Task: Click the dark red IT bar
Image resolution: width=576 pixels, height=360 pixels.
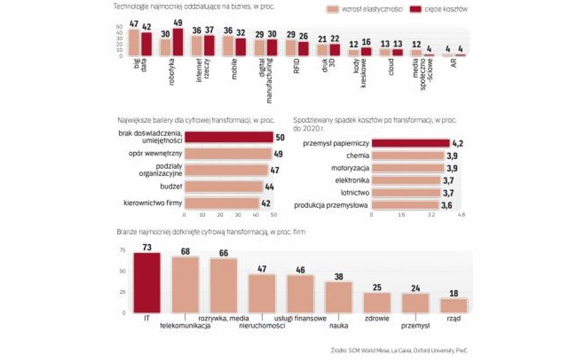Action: pos(146,282)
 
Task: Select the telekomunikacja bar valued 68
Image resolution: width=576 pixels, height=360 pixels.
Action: pos(185,284)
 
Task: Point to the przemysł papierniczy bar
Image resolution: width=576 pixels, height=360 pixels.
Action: pos(410,143)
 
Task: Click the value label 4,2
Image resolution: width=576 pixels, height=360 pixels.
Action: pos(459,143)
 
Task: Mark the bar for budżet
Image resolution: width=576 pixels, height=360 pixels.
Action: pos(224,187)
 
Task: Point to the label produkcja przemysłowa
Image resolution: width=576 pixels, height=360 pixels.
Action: pos(331,205)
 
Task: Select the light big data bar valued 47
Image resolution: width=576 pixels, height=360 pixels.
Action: pos(134,42)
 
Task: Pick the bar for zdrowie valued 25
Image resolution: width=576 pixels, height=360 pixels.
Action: pos(377,302)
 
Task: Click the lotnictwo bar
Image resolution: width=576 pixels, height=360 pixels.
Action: pos(405,192)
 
